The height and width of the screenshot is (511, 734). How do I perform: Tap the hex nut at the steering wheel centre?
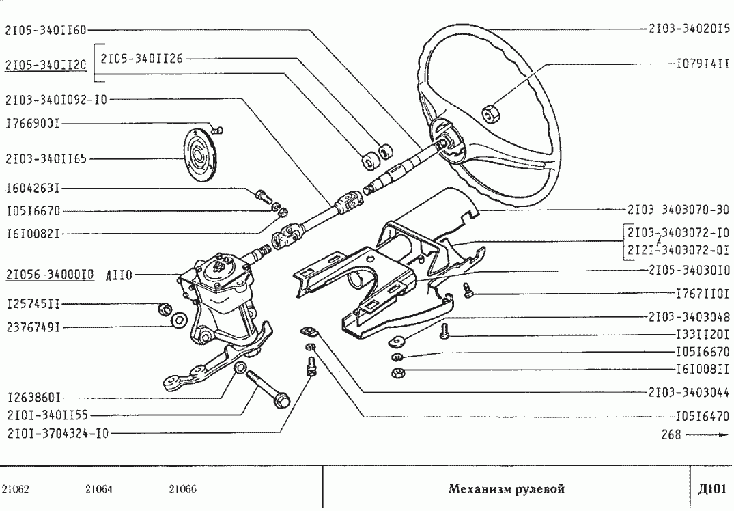point(490,111)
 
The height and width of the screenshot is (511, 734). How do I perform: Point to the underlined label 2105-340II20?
point(45,65)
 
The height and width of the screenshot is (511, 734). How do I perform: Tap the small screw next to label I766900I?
point(218,128)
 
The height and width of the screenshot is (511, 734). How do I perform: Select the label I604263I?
point(33,187)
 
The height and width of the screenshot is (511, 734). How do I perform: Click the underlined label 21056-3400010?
point(50,275)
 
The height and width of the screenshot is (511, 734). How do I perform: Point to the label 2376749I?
point(33,327)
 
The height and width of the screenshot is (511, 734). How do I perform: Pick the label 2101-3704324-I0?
point(56,432)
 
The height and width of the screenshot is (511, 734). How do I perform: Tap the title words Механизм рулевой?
point(506,488)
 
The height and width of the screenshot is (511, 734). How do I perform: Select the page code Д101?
point(711,488)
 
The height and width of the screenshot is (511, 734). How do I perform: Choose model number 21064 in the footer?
point(100,488)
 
